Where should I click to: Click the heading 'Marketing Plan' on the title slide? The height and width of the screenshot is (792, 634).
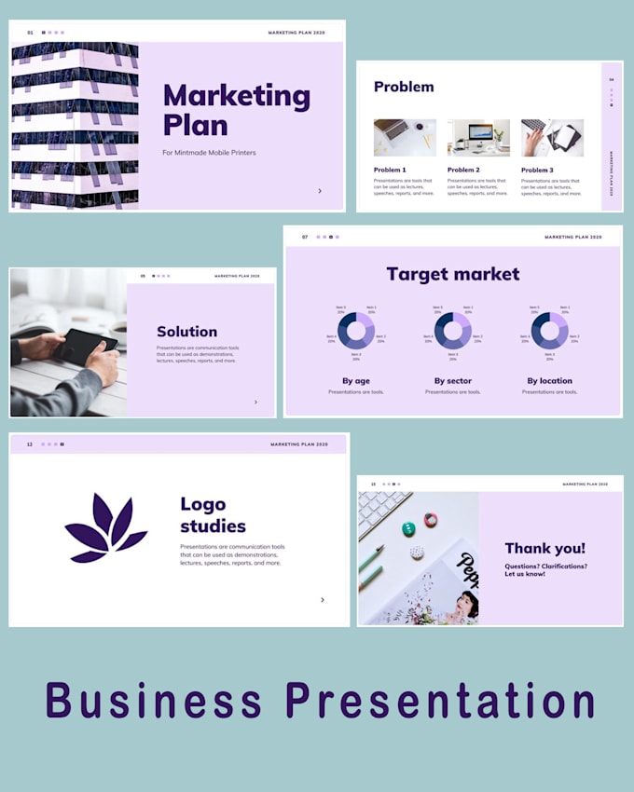click(236, 109)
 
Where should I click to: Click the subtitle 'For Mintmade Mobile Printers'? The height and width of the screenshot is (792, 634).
click(208, 153)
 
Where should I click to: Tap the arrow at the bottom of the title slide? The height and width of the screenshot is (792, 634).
click(320, 191)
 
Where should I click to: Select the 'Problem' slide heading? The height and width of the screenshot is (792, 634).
click(404, 87)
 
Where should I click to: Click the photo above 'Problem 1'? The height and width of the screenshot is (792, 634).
click(405, 138)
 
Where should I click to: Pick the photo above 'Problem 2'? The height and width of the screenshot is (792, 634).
click(478, 138)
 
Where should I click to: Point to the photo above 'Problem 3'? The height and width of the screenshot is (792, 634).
click(552, 138)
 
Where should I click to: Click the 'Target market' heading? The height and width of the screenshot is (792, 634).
click(453, 274)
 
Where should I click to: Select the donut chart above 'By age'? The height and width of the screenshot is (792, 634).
click(355, 331)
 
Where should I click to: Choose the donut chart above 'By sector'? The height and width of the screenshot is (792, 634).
click(452, 331)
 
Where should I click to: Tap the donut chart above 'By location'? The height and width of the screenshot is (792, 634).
click(549, 331)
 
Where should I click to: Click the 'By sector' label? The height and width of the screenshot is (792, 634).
click(453, 381)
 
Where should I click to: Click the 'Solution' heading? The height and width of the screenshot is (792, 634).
click(186, 332)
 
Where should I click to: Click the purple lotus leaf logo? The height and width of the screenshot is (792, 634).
click(104, 529)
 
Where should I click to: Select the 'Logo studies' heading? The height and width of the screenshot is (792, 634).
click(213, 515)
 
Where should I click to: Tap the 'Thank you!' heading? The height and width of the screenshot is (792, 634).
click(545, 549)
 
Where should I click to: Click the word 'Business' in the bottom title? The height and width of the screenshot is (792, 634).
click(153, 701)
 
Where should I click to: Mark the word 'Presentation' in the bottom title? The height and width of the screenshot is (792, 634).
click(440, 701)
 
